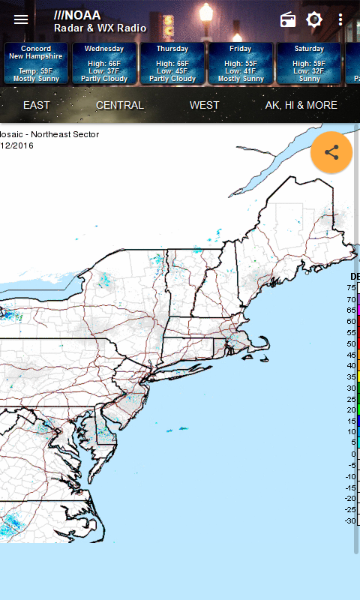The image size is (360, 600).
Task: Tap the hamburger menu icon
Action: (x=21, y=19)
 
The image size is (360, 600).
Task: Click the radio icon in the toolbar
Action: (x=288, y=20)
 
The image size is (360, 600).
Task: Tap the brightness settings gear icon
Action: (x=314, y=20)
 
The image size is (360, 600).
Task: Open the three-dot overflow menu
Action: (x=341, y=20)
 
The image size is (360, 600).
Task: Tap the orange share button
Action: (x=331, y=153)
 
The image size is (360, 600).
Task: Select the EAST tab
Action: (x=37, y=105)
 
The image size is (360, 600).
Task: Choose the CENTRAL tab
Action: (x=120, y=105)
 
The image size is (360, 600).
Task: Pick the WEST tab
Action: (x=205, y=105)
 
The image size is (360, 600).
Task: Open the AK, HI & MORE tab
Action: (x=301, y=105)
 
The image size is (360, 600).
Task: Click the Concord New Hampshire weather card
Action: (x=36, y=63)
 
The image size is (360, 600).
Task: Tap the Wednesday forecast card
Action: (x=105, y=63)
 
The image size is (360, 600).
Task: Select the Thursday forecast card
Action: (x=172, y=63)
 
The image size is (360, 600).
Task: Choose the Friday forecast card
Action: (x=241, y=63)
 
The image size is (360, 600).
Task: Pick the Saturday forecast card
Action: (x=308, y=63)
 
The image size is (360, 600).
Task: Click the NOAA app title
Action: (x=100, y=21)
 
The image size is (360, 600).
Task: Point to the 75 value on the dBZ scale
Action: (x=351, y=288)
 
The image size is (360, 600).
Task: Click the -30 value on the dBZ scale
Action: (x=350, y=520)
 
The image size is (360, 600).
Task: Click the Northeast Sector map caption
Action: (x=49, y=135)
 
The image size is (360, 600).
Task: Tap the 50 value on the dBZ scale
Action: (x=351, y=343)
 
